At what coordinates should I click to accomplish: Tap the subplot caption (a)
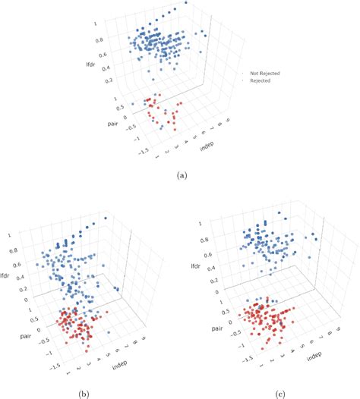click(181, 175)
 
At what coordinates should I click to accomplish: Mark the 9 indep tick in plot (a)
click(228, 120)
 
